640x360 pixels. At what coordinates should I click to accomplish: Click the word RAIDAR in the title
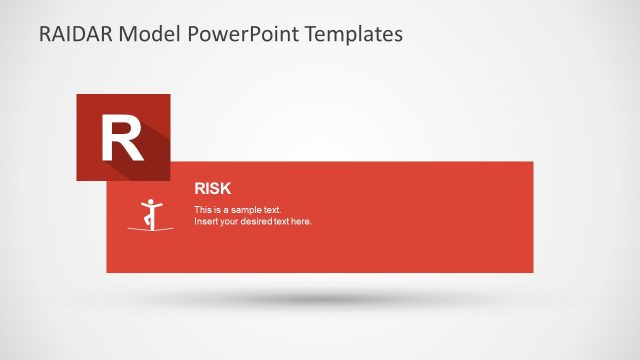pyautogui.click(x=77, y=34)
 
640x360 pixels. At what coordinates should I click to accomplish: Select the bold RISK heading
pyautogui.click(x=212, y=187)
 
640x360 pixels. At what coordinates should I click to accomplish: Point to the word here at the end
pyautogui.click(x=301, y=221)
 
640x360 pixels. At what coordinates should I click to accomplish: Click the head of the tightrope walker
pyautogui.click(x=152, y=201)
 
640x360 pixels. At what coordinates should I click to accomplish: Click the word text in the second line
pyautogui.click(x=280, y=221)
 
